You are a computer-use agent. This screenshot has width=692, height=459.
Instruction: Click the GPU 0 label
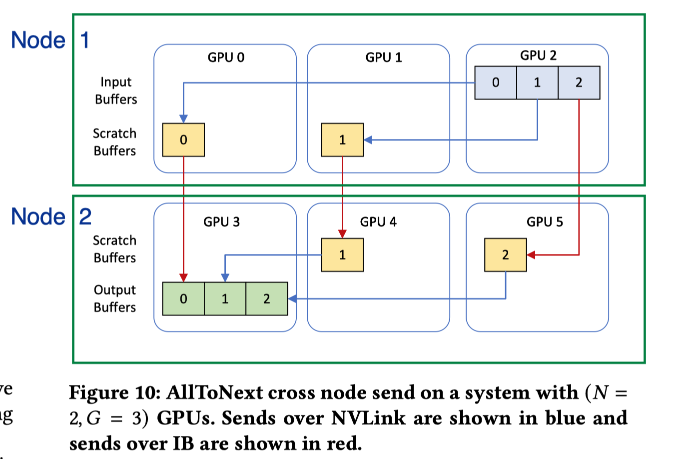226,57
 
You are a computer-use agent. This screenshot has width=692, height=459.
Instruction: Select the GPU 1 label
384,57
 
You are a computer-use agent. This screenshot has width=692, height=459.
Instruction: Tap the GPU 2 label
538,55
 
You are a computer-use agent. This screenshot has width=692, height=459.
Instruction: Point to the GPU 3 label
221,222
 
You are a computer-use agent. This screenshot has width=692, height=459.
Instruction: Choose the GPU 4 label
378,222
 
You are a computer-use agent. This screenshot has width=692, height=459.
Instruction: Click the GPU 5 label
545,222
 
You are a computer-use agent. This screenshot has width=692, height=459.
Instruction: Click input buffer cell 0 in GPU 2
496,82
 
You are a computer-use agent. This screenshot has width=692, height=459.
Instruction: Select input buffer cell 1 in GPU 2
537,82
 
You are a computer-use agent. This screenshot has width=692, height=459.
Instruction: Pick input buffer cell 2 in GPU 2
579,82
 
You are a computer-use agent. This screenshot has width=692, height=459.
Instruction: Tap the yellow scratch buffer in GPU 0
183,140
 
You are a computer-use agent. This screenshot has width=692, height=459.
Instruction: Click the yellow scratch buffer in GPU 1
342,140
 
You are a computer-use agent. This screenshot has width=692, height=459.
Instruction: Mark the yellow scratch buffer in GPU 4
342,255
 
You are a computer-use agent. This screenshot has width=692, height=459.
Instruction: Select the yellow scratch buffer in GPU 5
505,255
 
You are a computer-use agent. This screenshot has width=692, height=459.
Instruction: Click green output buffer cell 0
183,299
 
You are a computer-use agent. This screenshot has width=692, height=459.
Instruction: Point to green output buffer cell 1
225,299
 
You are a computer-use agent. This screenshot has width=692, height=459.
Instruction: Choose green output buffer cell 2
266,299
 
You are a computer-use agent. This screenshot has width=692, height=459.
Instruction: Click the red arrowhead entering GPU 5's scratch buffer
531,255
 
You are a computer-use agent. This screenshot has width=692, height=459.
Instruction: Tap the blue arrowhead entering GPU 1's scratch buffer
368,140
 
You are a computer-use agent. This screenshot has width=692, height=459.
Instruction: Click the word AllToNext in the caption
214,392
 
